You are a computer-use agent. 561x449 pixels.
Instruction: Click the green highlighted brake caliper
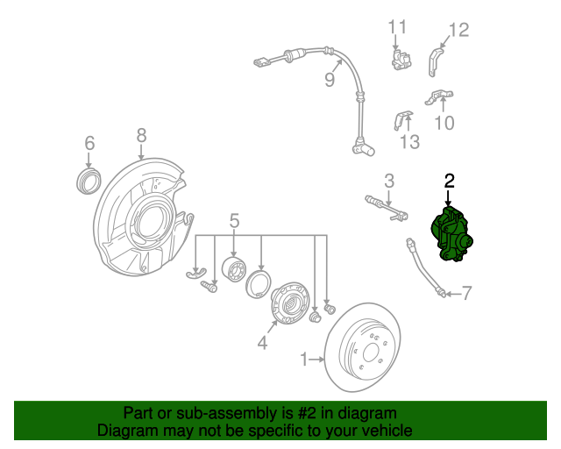451,234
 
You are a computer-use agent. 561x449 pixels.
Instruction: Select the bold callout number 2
449,182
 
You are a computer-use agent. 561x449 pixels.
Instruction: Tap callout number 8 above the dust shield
142,136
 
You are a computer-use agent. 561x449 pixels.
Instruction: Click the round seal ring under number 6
89,181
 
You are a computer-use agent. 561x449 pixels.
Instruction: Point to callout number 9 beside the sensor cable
330,79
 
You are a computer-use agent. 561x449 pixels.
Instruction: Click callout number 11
397,27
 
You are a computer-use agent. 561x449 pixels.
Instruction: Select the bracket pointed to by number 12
435,62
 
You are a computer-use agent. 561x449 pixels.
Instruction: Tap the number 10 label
444,123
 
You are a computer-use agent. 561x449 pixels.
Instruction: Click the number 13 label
409,141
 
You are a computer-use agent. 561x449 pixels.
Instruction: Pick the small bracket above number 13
403,119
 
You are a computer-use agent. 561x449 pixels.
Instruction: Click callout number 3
389,181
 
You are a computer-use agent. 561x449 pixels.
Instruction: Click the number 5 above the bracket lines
234,221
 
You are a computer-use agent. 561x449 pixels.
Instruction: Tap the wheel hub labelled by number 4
289,303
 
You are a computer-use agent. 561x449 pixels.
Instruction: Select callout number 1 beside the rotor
304,360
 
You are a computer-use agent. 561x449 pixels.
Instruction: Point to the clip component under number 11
401,60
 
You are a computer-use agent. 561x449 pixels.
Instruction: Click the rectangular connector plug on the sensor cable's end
261,62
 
